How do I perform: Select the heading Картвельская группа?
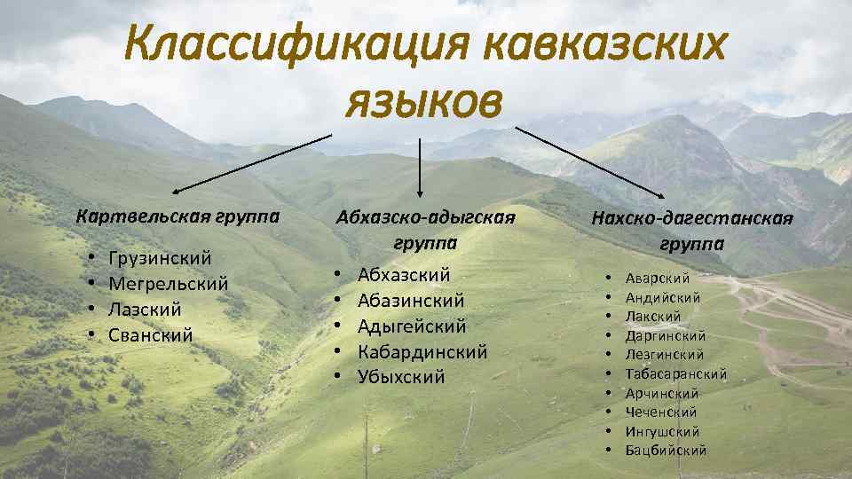(178, 216)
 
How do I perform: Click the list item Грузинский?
(160, 258)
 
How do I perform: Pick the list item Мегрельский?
(168, 284)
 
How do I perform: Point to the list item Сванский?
(150, 335)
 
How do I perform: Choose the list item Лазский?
(145, 310)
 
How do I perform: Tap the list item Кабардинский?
(422, 351)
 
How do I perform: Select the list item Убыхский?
(401, 377)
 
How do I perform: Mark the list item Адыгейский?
(412, 326)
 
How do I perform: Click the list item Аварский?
(658, 279)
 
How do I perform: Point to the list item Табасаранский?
(676, 373)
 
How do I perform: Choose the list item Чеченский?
(661, 412)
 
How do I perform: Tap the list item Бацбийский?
(666, 450)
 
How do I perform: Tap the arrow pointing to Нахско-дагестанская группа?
(590, 161)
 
